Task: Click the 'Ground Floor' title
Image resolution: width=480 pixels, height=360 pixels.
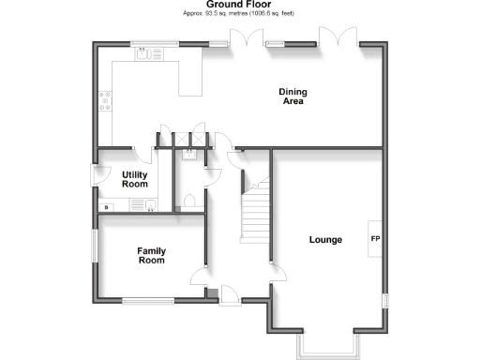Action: click(x=239, y=5)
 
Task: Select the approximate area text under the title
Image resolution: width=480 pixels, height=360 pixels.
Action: click(x=240, y=15)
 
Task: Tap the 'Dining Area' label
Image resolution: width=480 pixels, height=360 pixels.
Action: click(x=293, y=97)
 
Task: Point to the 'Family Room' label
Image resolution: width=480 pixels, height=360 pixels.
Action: click(x=151, y=255)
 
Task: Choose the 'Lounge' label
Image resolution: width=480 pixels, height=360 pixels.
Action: click(x=325, y=240)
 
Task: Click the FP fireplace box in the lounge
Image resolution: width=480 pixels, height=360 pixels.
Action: click(x=375, y=240)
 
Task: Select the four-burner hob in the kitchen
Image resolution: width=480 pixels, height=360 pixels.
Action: click(x=104, y=99)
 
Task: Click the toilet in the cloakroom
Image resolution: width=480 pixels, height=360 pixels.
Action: click(x=189, y=200)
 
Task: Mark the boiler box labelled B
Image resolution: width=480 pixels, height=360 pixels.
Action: click(x=106, y=206)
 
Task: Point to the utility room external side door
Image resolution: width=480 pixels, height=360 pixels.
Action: click(x=95, y=176)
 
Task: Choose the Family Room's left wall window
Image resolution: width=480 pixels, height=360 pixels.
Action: click(x=96, y=245)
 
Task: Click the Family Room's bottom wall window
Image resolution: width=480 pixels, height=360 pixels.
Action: click(x=147, y=300)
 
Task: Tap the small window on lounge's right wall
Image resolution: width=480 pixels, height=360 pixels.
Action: click(x=384, y=300)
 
